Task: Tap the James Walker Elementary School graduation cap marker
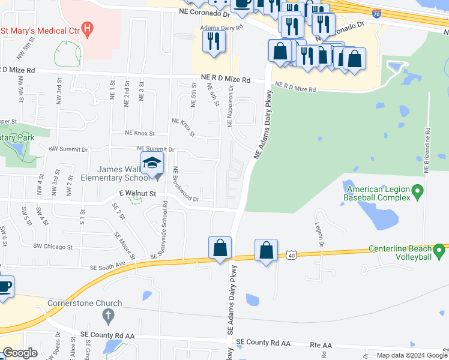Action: (152, 163)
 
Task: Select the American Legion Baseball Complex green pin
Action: (419, 193)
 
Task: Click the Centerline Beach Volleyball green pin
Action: (439, 249)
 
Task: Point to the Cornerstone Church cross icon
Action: (108, 316)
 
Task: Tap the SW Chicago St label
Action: (53, 247)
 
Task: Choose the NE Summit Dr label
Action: (155, 149)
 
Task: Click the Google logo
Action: (20, 353)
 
